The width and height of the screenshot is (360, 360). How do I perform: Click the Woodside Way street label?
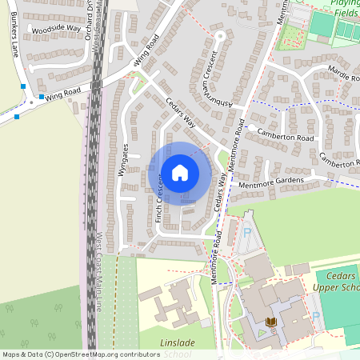tap(56, 30)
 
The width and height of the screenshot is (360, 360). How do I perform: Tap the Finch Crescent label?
tap(160, 197)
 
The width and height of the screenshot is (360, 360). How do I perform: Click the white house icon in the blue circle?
tap(180, 172)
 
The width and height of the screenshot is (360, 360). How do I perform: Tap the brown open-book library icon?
tap(270, 322)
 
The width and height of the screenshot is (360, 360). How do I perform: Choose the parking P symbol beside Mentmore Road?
tap(246, 233)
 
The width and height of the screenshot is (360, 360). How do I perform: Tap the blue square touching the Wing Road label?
tap(41, 97)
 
